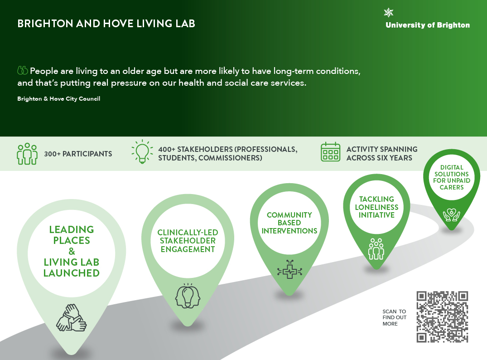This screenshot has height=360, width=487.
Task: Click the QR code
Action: (442, 317)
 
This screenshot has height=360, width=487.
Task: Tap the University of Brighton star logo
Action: (389, 13)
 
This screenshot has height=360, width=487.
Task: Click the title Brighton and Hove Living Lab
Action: (106, 24)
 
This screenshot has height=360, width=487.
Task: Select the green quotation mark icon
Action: (23, 71)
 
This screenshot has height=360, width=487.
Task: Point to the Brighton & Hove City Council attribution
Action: (59, 98)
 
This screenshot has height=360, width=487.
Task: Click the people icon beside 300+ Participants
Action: (27, 154)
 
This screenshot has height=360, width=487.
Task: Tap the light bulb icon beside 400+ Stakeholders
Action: (142, 151)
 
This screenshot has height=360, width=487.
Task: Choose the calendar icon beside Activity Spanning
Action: (330, 152)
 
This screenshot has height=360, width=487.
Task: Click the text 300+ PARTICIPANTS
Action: (78, 154)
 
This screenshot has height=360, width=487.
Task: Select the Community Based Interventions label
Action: (289, 223)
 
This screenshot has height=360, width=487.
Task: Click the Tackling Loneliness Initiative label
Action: (376, 207)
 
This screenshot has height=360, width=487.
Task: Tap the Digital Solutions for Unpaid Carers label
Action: (452, 177)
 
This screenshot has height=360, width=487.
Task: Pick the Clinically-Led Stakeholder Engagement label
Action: (188, 241)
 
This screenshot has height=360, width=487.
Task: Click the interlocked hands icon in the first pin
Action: (72, 317)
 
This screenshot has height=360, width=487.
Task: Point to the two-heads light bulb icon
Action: (188, 296)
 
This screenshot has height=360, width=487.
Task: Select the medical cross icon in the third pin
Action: (289, 269)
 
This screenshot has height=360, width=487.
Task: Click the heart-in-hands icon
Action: (452, 214)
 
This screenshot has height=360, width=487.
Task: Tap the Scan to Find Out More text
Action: (395, 317)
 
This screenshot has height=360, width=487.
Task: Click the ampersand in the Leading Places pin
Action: (72, 251)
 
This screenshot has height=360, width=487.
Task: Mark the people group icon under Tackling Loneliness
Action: (376, 249)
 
